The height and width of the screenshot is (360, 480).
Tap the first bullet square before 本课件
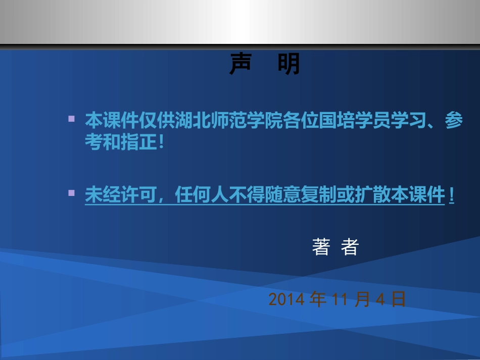click(x=71, y=120)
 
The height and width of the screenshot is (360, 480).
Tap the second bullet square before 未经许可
click(x=71, y=193)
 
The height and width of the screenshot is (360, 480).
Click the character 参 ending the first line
click(x=453, y=121)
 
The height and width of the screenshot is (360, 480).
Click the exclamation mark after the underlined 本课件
click(x=451, y=195)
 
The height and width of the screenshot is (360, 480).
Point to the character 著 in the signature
click(x=321, y=247)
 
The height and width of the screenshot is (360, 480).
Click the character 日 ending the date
click(x=399, y=299)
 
